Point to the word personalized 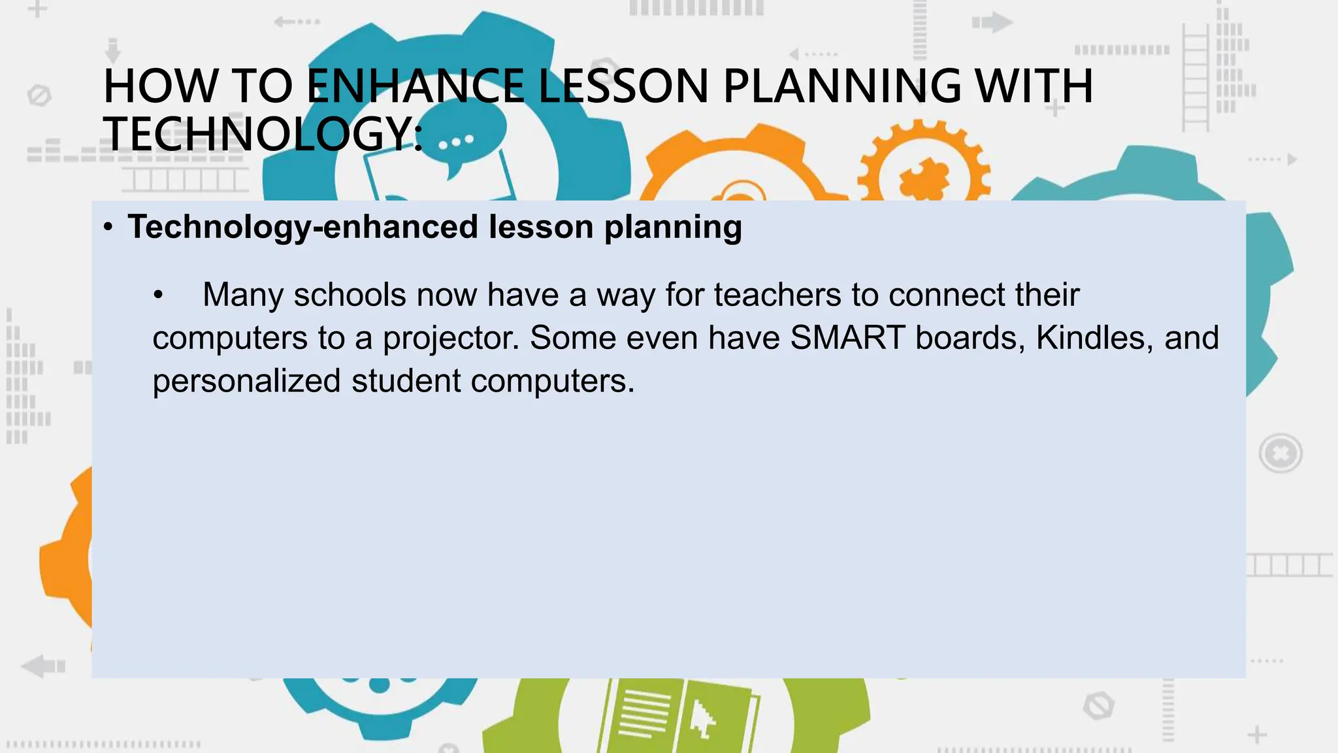(x=246, y=382)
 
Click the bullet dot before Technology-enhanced (x=108, y=228)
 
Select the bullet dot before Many (x=157, y=296)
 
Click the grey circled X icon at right (x=1281, y=453)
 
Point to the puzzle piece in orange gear (x=925, y=178)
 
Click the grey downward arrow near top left (x=113, y=50)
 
